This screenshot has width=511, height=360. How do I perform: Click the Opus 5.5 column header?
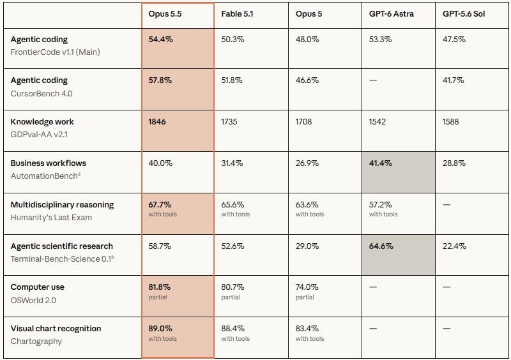tap(165, 14)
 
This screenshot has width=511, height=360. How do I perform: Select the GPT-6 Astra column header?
tap(392, 14)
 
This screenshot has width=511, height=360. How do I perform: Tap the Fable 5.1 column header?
tap(237, 14)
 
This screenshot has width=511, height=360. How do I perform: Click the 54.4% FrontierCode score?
tap(161, 40)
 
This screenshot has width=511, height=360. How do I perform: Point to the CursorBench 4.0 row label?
tap(42, 93)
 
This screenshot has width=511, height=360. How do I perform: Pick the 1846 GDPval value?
tap(157, 122)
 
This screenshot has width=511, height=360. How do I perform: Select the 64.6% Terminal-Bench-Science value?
tap(381, 246)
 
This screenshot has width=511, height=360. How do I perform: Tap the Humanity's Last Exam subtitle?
tap(51, 218)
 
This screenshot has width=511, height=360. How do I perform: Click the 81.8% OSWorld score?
tap(159, 287)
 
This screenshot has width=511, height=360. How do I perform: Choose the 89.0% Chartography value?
tap(160, 328)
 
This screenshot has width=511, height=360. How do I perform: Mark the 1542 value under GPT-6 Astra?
tap(378, 122)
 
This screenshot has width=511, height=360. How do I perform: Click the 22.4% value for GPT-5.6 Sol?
tap(454, 246)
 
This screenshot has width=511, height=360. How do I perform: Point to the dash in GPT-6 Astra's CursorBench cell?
tap(373, 80)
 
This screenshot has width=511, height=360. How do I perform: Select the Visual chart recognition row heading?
tap(56, 328)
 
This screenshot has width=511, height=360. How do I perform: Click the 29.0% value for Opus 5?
tap(307, 246)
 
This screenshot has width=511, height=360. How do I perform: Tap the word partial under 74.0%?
tap(305, 297)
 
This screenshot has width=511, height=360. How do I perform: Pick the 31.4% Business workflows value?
tap(232, 163)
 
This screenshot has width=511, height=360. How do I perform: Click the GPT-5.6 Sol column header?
tap(464, 14)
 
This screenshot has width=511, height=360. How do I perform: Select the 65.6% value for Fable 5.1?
tap(233, 205)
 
